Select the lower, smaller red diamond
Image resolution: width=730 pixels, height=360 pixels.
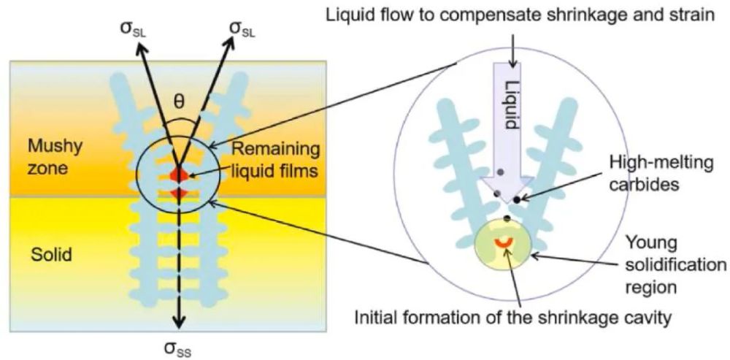tap(175, 193)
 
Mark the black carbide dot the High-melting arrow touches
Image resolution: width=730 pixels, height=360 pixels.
tap(516, 198)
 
